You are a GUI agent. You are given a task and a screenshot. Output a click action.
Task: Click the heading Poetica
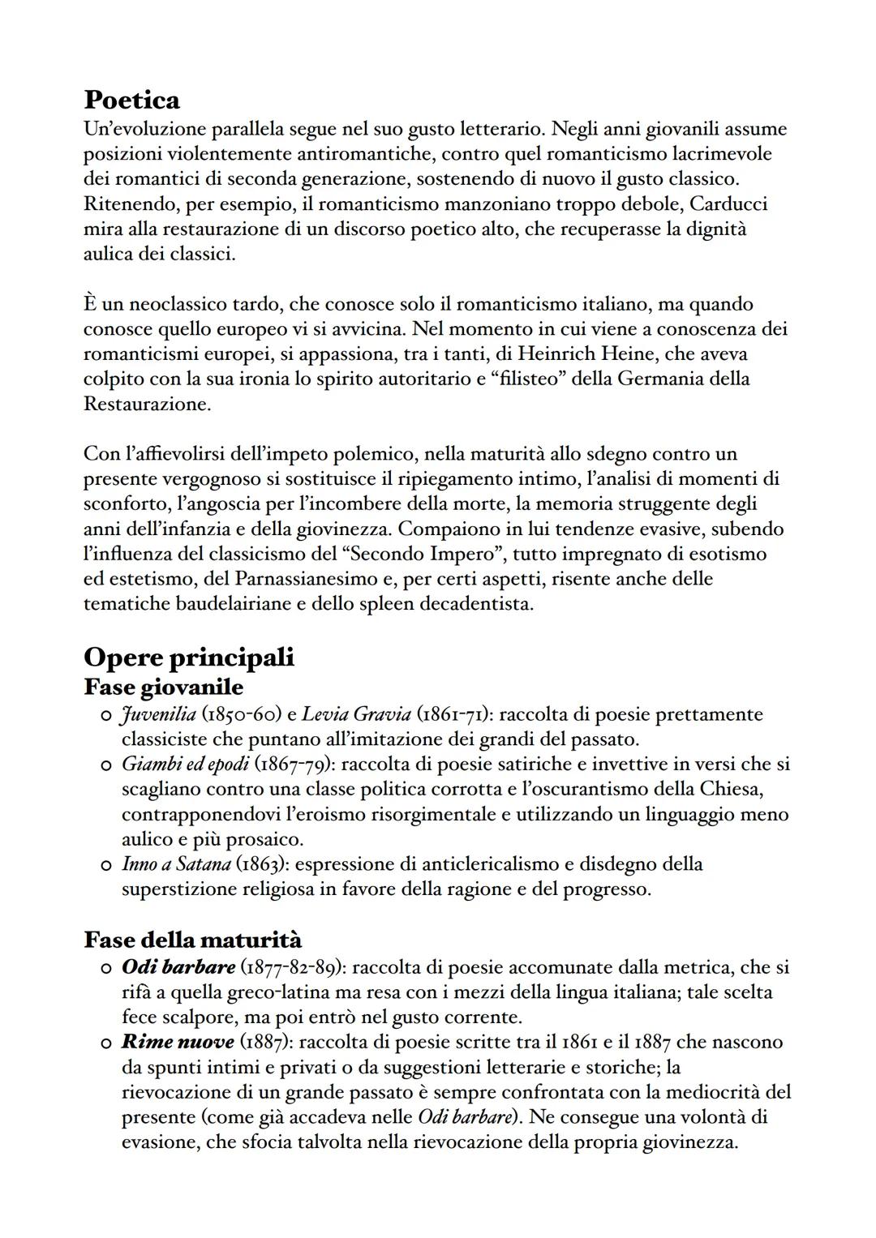131,101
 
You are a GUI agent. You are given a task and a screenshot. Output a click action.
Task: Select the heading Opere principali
188,657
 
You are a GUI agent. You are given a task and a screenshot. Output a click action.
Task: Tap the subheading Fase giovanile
163,687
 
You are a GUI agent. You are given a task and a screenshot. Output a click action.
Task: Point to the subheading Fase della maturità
192,940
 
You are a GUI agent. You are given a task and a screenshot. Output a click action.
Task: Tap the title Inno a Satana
176,864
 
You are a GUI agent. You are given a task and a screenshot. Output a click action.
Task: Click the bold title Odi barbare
178,967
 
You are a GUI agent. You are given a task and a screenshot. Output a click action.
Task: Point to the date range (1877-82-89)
294,967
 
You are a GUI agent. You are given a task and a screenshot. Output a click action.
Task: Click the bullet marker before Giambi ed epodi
105,765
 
